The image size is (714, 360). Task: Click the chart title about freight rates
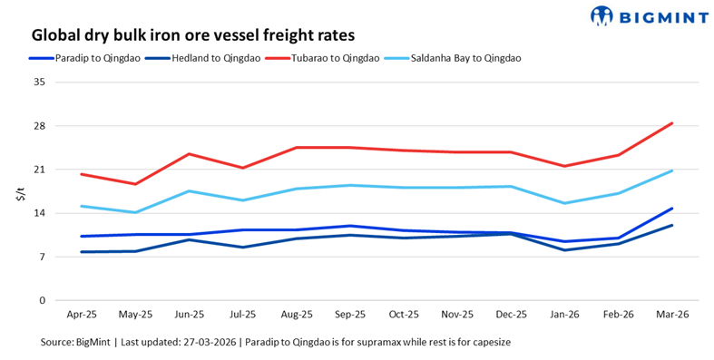[x=192, y=34]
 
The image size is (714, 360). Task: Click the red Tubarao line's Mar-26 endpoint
[x=671, y=123]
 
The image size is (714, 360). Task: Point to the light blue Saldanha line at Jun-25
[x=189, y=191]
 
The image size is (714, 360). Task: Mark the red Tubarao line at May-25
[x=135, y=184]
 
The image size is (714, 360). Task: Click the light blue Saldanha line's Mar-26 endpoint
[x=671, y=170]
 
